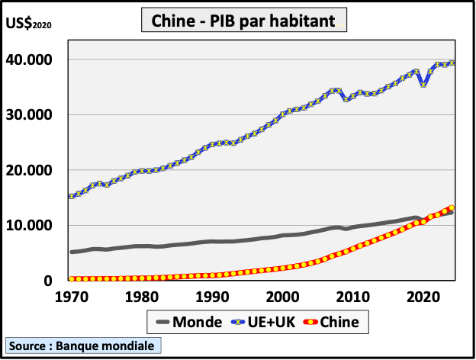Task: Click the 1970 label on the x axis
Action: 71,297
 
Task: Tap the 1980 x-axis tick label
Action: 141,297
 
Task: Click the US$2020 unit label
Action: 28,24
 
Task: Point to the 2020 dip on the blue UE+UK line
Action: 423,85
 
